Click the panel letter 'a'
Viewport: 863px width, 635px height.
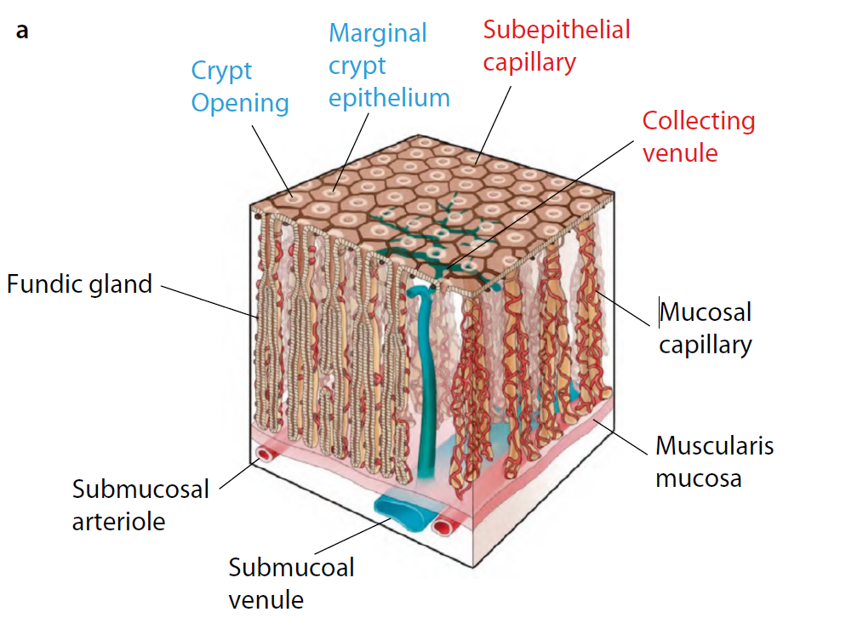pos(22,31)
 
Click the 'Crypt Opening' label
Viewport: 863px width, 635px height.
pos(239,87)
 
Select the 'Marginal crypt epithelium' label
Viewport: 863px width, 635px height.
pos(389,66)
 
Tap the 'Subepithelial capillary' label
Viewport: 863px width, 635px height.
pos(557,45)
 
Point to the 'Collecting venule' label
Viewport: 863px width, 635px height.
pos(698,136)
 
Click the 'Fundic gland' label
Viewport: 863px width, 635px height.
pos(79,283)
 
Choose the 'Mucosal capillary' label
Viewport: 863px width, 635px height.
pos(706,329)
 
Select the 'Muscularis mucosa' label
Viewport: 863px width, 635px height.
pos(714,461)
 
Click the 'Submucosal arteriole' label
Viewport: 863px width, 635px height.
pos(140,505)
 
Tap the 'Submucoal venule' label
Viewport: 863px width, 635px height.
pos(291,583)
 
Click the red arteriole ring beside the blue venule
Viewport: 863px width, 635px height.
pos(443,528)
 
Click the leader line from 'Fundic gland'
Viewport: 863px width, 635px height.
pos(209,300)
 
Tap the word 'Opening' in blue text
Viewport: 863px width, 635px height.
pos(239,103)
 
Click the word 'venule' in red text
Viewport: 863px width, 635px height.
pos(679,152)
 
